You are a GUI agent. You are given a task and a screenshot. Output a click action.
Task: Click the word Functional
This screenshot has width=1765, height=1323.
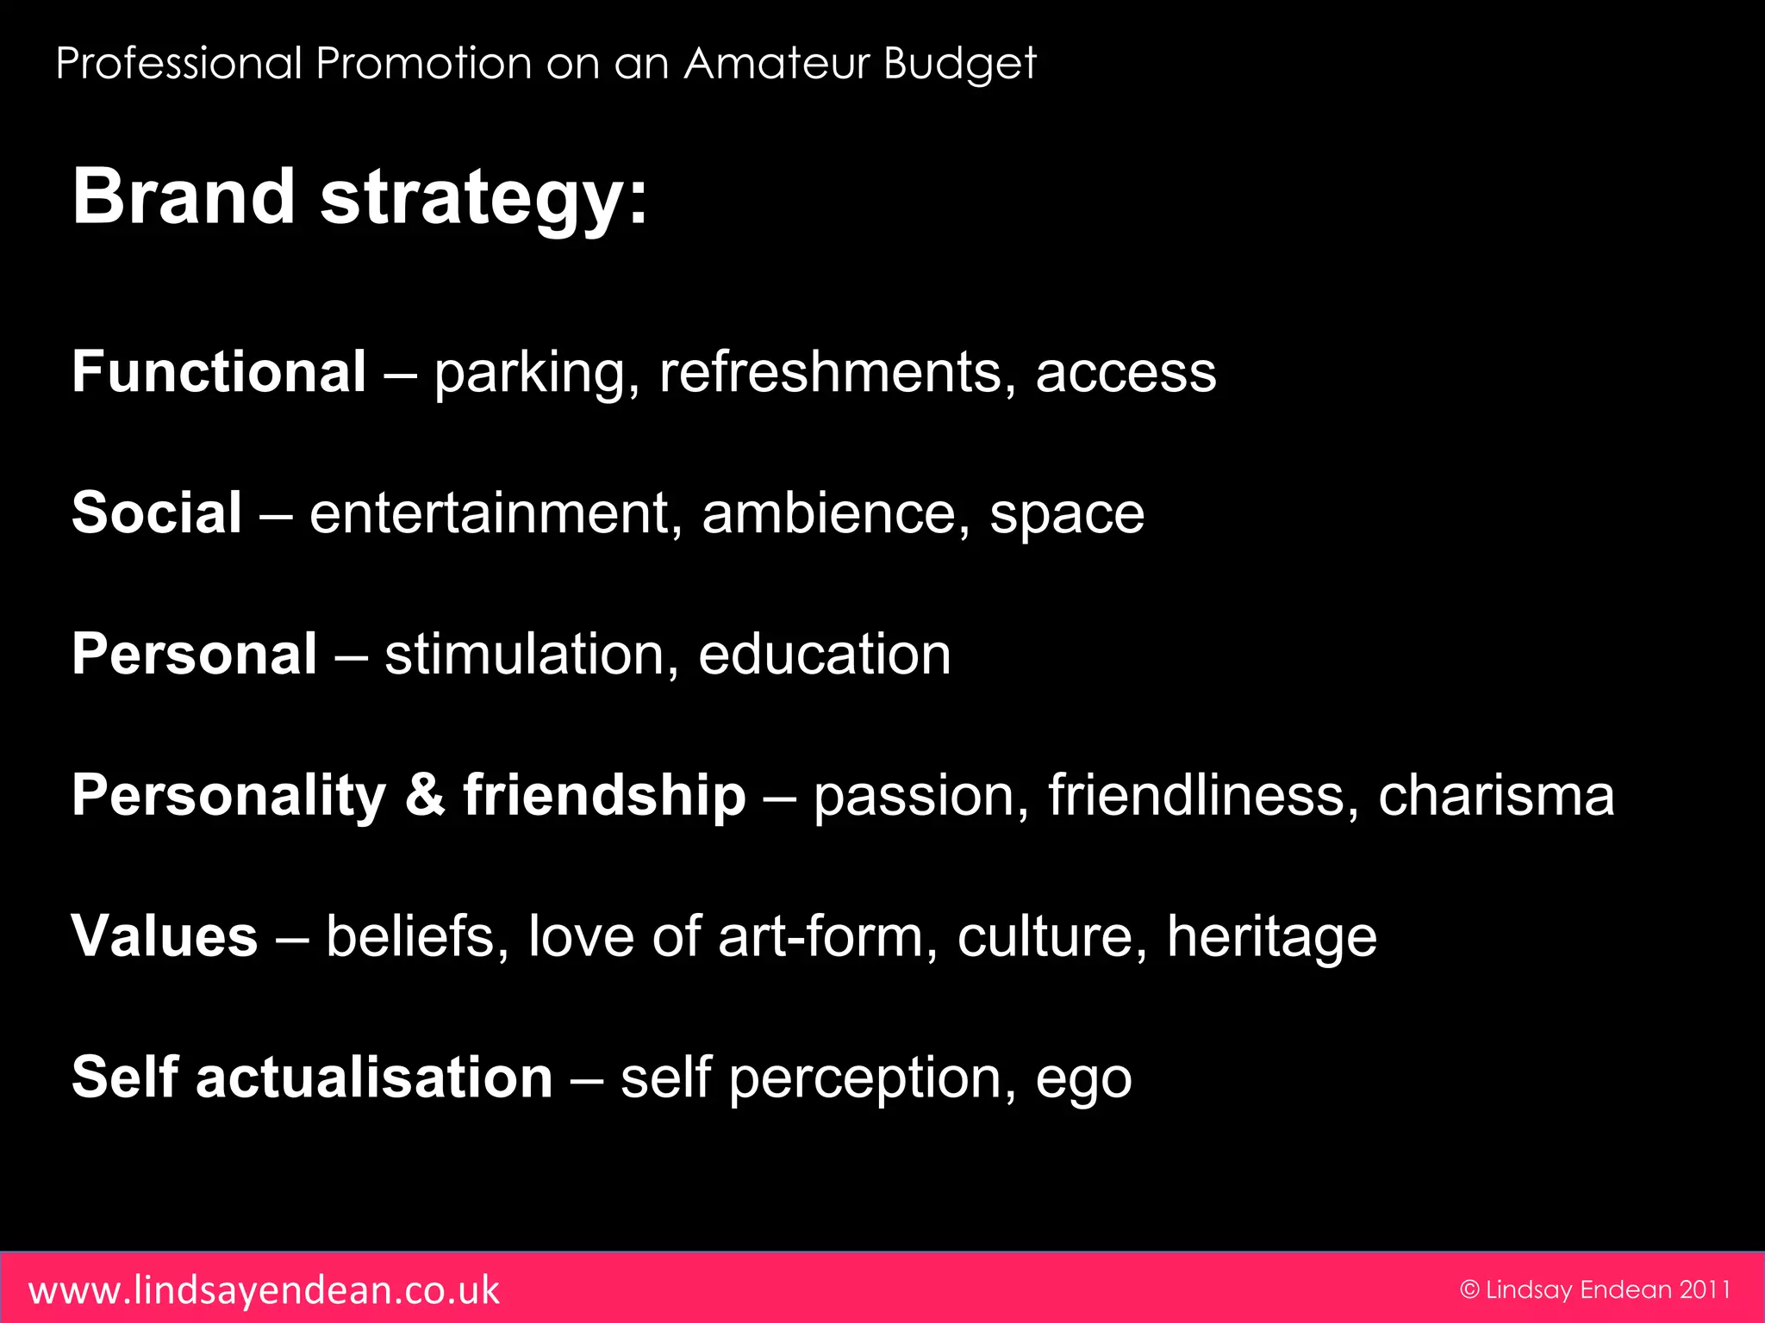click(219, 372)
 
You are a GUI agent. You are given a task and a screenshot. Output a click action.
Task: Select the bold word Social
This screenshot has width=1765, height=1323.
click(157, 513)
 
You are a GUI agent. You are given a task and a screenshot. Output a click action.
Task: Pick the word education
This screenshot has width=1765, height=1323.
click(825, 655)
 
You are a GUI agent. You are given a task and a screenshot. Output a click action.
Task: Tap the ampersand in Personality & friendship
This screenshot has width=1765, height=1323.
click(425, 795)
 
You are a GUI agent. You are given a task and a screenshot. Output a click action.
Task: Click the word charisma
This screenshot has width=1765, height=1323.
click(1496, 795)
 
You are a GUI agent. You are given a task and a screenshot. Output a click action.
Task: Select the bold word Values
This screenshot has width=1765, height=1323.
click(165, 936)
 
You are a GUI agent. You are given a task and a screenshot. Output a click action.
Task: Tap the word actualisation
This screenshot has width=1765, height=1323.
click(374, 1078)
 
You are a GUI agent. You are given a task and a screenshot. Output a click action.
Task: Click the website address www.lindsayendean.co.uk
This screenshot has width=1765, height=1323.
click(264, 1290)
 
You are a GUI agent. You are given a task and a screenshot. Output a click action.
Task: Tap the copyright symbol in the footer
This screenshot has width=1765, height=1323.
click(1469, 1289)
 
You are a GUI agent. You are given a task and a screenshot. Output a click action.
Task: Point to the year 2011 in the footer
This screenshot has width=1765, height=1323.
click(1705, 1289)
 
